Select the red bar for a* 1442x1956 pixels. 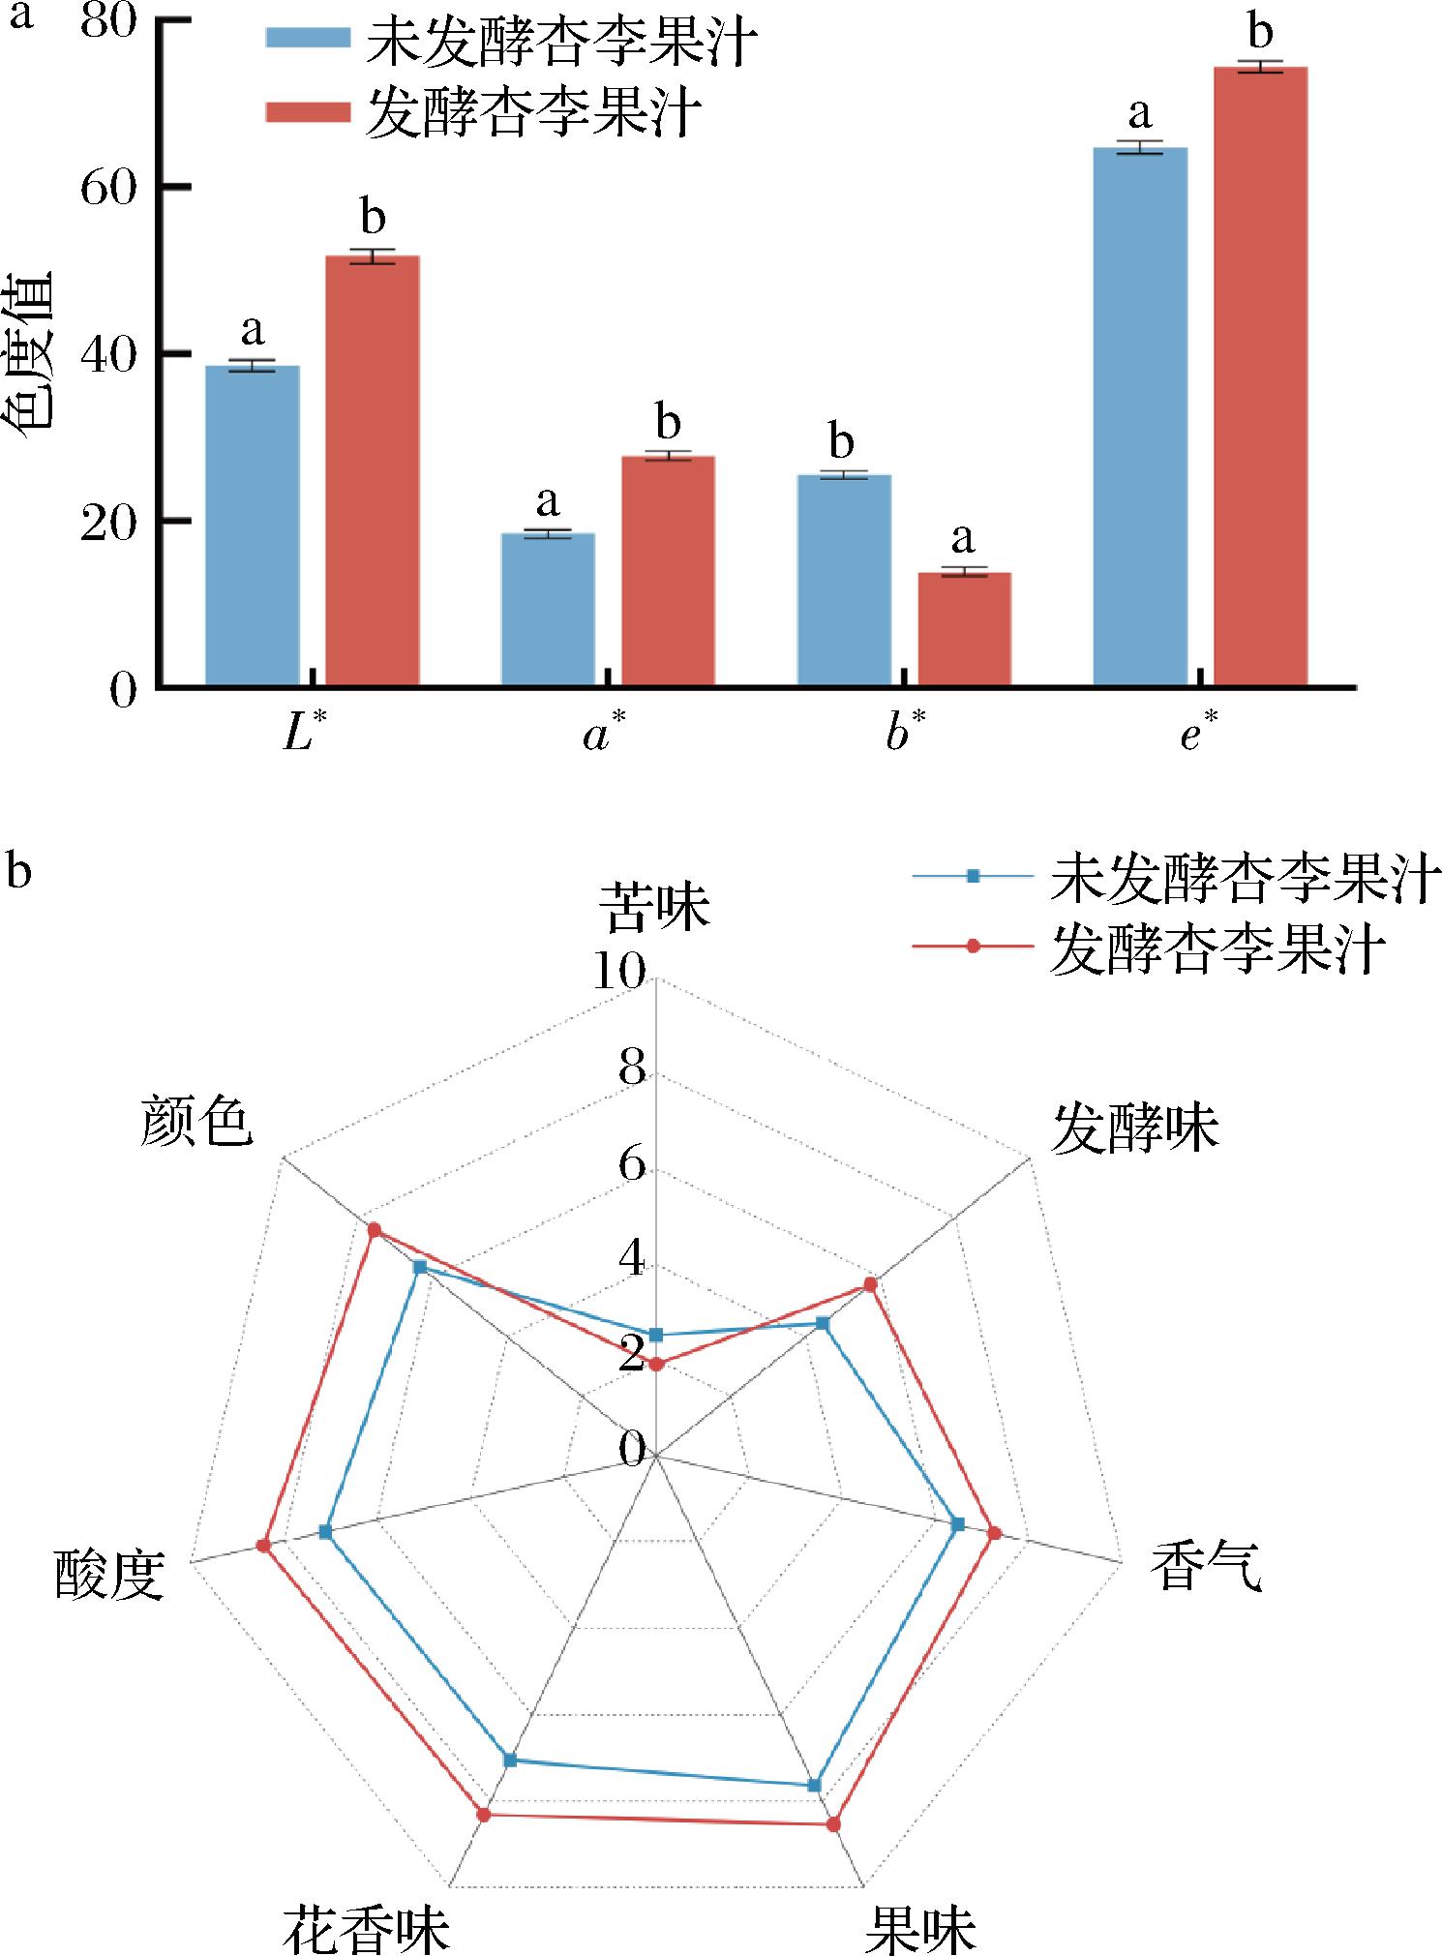(668, 571)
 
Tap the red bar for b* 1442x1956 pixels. (964, 629)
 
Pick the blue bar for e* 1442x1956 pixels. (1140, 416)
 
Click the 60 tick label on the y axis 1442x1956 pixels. (107, 188)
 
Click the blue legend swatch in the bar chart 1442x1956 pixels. (308, 38)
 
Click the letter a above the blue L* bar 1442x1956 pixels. (253, 332)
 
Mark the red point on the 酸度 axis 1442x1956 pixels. (263, 1546)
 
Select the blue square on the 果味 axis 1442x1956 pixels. (814, 1784)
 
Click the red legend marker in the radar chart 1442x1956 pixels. (974, 946)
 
